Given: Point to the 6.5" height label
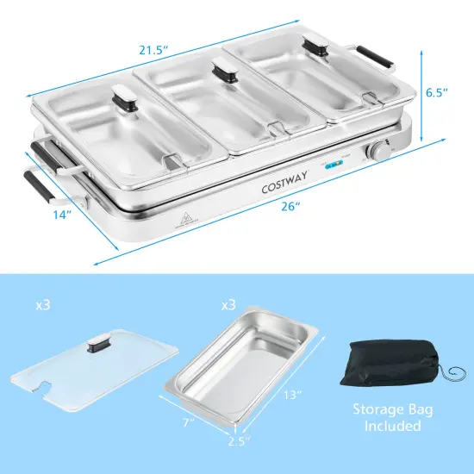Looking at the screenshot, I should [x=437, y=90].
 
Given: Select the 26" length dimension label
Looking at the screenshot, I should [x=290, y=208].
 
